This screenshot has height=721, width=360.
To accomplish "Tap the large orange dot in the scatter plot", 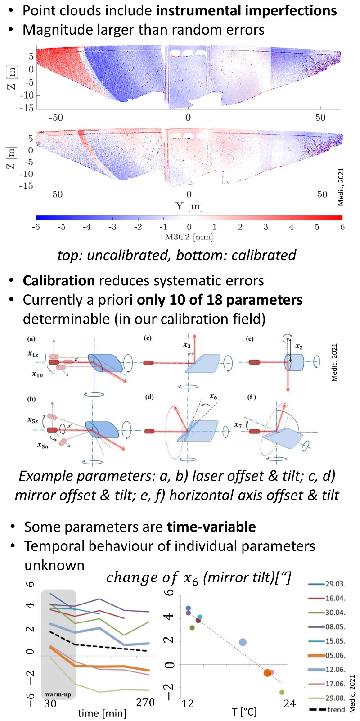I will tap(268, 673).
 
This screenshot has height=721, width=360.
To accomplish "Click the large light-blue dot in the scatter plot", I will tap(243, 642).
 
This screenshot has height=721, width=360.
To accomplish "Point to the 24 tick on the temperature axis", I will tap(289, 703).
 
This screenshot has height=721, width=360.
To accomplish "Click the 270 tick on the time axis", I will tap(145, 703).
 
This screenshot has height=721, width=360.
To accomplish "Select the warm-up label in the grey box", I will tap(58, 694).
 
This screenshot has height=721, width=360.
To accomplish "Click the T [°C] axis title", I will tap(244, 712).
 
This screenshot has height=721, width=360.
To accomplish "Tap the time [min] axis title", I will tap(102, 713).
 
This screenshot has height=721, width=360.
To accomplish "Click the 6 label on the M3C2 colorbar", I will tap(342, 227).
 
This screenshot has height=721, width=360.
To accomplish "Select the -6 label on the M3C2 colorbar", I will tap(36, 227).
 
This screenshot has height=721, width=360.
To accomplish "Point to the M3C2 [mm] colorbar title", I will tap(189, 237).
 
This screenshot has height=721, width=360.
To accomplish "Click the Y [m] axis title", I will tap(189, 206).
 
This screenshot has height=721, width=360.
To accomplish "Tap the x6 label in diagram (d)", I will tap(213, 397).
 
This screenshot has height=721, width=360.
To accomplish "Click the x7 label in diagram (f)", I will tap(238, 425).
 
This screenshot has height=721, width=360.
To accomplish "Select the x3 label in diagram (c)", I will tap(187, 345).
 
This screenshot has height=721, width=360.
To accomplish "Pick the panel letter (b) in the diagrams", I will tap(31, 399).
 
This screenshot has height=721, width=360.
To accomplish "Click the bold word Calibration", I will tap(59, 281).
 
